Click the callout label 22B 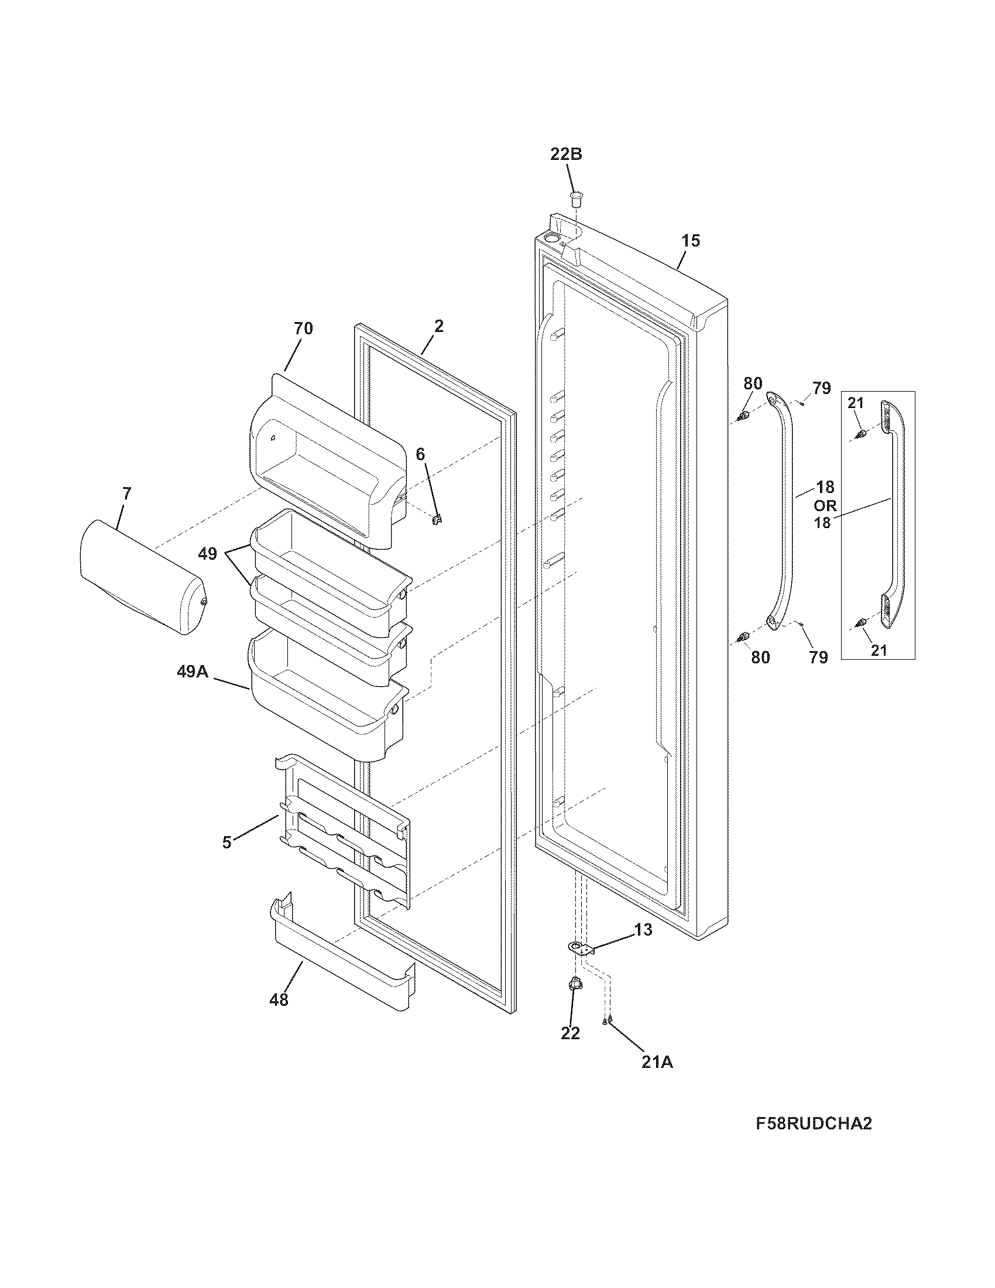click(566, 155)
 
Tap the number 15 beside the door click(691, 241)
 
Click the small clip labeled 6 click(437, 519)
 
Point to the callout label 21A click(657, 1062)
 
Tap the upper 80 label click(752, 383)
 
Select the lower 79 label click(818, 657)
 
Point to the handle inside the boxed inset click(891, 519)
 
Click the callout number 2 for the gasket click(438, 326)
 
